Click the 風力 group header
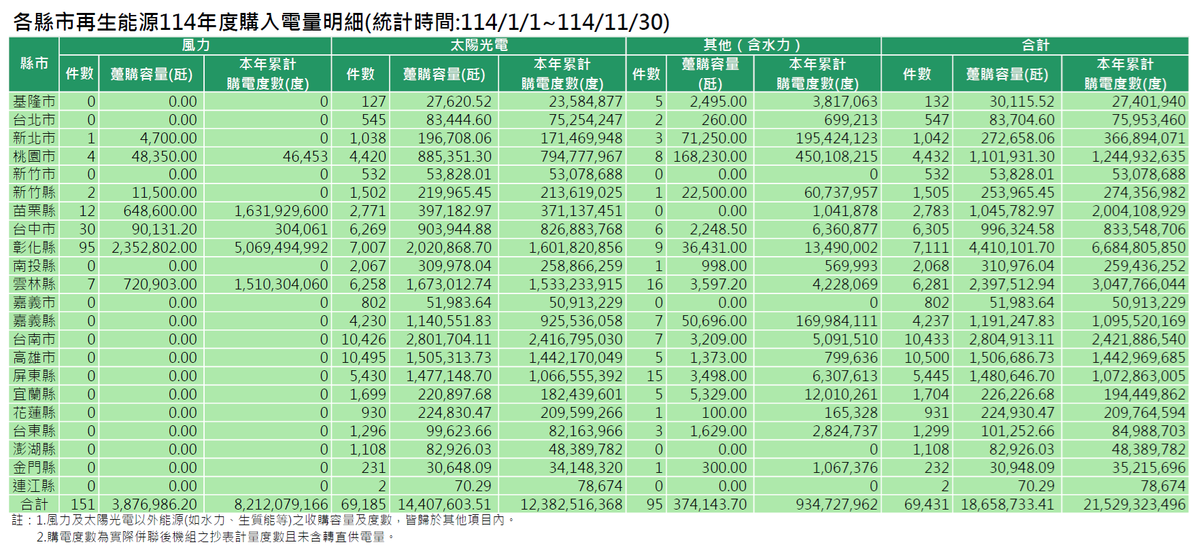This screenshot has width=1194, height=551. pos(196,46)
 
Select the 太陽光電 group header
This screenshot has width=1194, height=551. pos(479,46)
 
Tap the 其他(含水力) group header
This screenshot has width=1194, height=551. pos(752,46)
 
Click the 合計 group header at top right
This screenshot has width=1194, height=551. pos(1035,46)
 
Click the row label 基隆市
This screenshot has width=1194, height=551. pos(34,101)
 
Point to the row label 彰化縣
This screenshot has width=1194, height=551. pos(34,247)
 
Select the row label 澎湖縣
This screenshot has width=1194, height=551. pos(34,449)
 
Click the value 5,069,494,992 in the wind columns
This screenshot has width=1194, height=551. pos(281,247)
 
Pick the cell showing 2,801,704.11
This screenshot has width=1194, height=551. pos(449,339)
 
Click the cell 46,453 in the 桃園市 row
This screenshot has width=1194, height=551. pos(305,156)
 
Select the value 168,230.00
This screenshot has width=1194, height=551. pos(710,156)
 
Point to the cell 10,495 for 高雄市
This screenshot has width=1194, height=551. pos(364,357)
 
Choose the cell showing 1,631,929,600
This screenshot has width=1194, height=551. pos(281,211)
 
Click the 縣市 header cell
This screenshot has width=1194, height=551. pos(34,64)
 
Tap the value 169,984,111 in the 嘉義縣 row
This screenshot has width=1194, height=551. pos(836,321)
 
